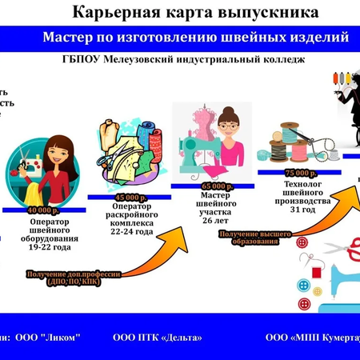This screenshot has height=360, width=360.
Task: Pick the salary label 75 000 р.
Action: point(297,172)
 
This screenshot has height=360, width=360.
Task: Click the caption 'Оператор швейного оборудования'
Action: point(50,230)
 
